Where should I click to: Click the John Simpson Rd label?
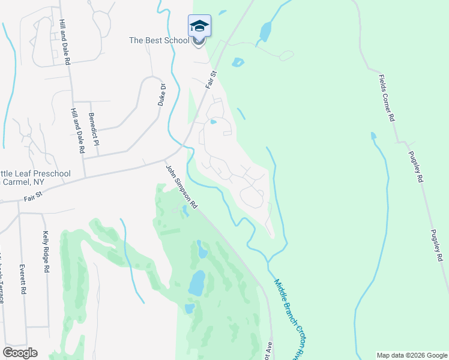pyautogui.click(x=181, y=187)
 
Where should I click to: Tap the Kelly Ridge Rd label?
pyautogui.click(x=46, y=253)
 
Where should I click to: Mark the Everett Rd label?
pyautogui.click(x=23, y=280)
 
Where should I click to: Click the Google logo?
pyautogui.click(x=20, y=352)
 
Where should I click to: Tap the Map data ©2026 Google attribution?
pyautogui.click(x=412, y=355)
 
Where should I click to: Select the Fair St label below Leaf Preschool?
pyautogui.click(x=35, y=195)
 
